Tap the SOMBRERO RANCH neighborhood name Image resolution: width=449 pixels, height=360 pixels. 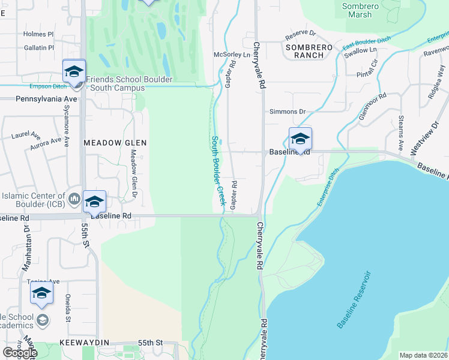coord(304,51)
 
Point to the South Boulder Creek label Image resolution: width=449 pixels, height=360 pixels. coord(217,170)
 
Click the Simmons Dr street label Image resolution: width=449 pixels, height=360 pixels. coord(288,112)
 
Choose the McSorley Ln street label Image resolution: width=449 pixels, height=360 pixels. coord(232,54)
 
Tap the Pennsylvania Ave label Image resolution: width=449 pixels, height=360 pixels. coord(47,98)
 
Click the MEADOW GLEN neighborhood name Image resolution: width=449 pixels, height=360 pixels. coord(115,143)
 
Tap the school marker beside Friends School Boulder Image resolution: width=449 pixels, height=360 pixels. coord(74,71)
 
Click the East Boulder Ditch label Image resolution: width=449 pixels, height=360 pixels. coord(367,43)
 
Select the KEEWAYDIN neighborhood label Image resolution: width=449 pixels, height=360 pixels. coord(84,342)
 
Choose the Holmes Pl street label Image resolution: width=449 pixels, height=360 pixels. coord(38,34)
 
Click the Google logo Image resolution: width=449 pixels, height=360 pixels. coord(20,353)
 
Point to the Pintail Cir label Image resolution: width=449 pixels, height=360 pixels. coord(367,71)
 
